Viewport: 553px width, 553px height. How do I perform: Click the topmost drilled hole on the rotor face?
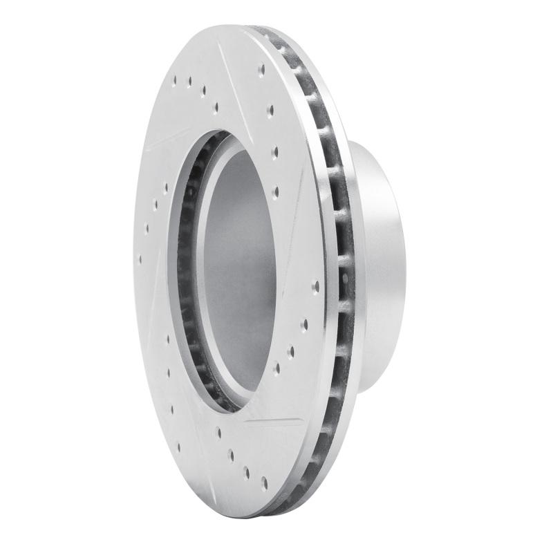pyautogui.click(x=261, y=69)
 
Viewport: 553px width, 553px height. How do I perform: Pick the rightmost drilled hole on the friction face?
pyautogui.click(x=315, y=284)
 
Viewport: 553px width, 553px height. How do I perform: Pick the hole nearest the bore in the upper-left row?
pyautogui.click(x=217, y=106)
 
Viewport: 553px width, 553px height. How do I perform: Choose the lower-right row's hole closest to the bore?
pyautogui.click(x=277, y=368)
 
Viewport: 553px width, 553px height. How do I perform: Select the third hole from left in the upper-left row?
pyautogui.click(x=203, y=91)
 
